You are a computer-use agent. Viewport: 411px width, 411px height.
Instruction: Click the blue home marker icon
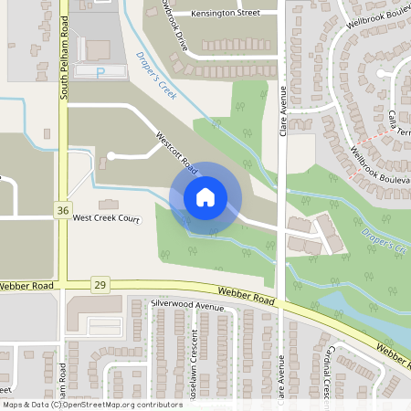[x=205, y=197]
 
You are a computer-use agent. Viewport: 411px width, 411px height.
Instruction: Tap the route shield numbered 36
[x=62, y=210]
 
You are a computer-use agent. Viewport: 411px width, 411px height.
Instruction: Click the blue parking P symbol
[x=100, y=70]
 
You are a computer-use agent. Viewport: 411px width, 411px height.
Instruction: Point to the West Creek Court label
[x=106, y=219]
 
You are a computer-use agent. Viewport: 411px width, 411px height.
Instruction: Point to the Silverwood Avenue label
[x=187, y=308]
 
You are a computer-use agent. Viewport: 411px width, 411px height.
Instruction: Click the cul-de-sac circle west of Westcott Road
[x=111, y=156]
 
